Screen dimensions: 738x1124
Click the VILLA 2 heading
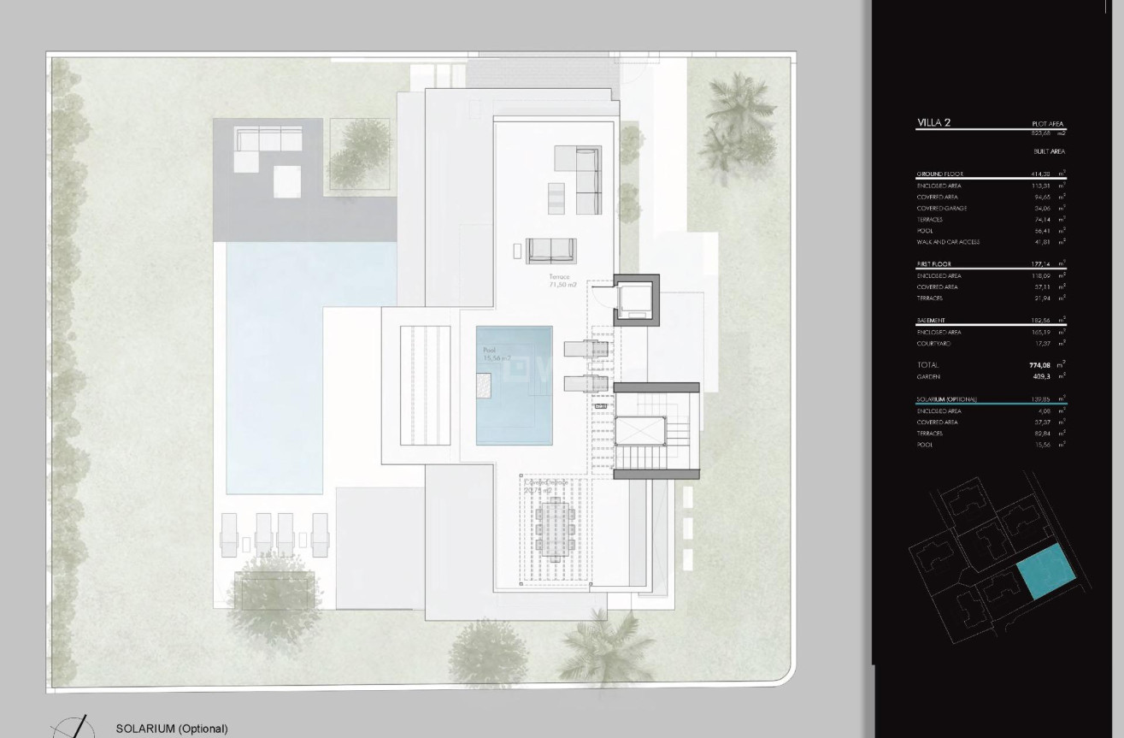[x=933, y=123]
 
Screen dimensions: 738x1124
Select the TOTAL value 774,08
[x=1039, y=365]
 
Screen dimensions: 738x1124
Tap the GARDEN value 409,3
[x=1041, y=376]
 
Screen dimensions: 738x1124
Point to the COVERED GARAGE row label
[x=941, y=209]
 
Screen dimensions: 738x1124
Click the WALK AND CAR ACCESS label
[x=947, y=242]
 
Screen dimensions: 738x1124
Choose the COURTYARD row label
[x=933, y=344]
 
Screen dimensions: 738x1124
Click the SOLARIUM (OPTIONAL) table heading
[x=946, y=399]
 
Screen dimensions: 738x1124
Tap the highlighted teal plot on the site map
[x=1045, y=570]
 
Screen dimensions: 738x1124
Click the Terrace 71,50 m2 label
[x=563, y=280]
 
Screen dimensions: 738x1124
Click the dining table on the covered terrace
[x=552, y=528]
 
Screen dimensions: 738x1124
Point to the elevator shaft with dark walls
[x=637, y=298]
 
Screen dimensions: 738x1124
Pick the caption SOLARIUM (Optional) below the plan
[x=172, y=729]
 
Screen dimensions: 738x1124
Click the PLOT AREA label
[x=1048, y=124]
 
